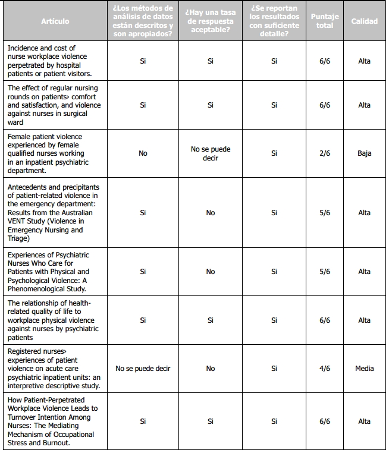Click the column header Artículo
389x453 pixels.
[x=55, y=21]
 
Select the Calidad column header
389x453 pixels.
[x=364, y=21]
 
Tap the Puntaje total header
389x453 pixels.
[x=325, y=21]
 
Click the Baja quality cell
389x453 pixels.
[x=364, y=153]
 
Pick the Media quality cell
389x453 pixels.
[x=364, y=369]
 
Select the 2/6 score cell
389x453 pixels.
[x=325, y=153]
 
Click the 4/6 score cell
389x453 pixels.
[x=325, y=369]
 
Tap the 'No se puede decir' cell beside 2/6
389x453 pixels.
[x=210, y=153]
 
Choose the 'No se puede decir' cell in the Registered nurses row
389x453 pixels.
[x=143, y=369]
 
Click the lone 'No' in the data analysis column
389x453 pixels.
[x=143, y=153]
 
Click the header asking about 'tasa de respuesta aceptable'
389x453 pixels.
[x=210, y=21]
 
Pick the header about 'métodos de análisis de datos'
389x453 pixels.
[x=143, y=21]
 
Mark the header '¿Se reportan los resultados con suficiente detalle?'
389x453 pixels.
[x=274, y=21]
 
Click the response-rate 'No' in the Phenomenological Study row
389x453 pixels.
[x=210, y=272]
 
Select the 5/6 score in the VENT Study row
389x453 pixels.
[x=325, y=213]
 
